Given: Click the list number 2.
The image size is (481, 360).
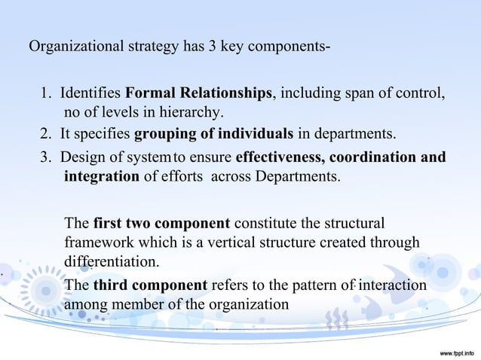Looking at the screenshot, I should pyautogui.click(x=44, y=136).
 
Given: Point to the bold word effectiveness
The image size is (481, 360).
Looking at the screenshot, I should pyautogui.click(x=280, y=158).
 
